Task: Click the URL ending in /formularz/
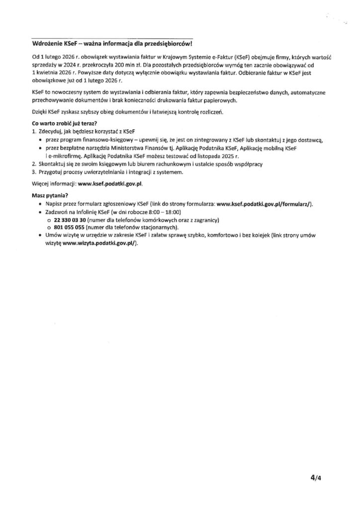click(x=265, y=205)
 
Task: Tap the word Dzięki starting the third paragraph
click(x=39, y=112)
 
